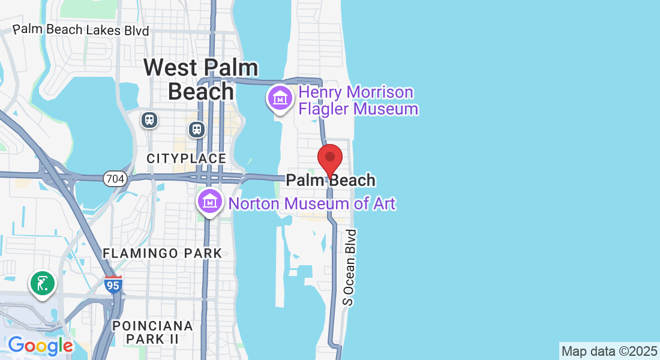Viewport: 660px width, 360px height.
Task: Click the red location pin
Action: [x=329, y=159]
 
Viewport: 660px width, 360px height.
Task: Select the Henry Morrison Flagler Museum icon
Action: [x=280, y=98]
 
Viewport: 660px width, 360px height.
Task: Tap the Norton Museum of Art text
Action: [x=312, y=203]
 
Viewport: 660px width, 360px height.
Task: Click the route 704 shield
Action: [x=114, y=178]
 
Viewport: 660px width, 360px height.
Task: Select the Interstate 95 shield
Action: [x=113, y=284]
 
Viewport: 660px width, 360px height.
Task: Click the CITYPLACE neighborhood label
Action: [x=187, y=158]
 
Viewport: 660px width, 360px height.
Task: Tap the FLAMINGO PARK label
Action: [x=162, y=253]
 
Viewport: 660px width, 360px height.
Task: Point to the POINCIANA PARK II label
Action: [x=153, y=332]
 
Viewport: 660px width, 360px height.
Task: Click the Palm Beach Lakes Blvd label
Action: [x=81, y=29]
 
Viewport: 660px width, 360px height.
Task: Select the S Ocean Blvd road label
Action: [x=350, y=267]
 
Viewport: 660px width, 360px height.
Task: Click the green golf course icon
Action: [x=42, y=283]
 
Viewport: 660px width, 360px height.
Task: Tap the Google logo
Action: [x=40, y=346]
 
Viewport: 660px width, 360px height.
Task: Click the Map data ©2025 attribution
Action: [x=609, y=351]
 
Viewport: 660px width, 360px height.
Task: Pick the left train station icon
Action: [x=149, y=120]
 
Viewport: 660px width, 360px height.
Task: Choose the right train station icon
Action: [x=196, y=129]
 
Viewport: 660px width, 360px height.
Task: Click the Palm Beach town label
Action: [x=331, y=180]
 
